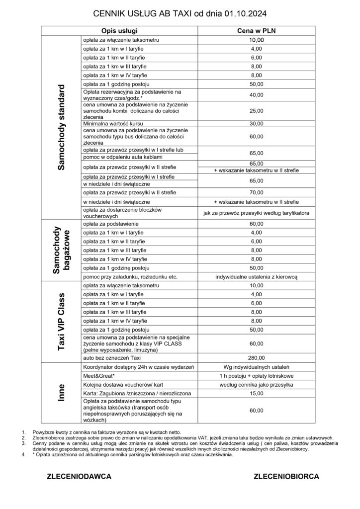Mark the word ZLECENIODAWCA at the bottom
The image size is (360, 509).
pos(78,476)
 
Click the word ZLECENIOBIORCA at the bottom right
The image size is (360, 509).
pos(286,476)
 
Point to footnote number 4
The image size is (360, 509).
pos(23,454)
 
